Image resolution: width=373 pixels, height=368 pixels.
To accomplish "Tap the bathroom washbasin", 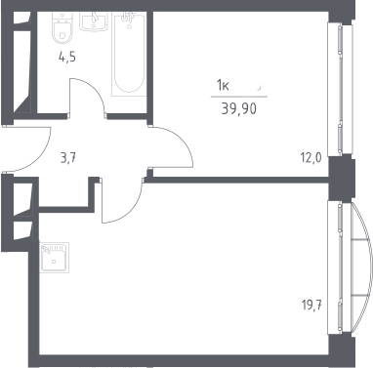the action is [93, 21].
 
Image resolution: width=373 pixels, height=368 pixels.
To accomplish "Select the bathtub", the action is [129, 54].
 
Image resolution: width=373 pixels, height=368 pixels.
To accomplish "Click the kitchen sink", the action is [55, 258].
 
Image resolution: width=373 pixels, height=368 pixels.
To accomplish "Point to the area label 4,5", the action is [67, 58].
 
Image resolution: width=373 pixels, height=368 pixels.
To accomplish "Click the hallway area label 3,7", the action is [68, 159].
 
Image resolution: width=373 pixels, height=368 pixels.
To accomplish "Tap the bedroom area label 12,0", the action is [311, 158].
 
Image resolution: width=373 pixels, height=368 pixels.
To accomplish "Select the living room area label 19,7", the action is [311, 306].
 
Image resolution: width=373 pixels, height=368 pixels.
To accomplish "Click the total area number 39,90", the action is [239, 109].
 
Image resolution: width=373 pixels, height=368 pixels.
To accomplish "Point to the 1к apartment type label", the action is [224, 86].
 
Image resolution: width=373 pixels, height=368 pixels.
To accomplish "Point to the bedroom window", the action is [340, 90].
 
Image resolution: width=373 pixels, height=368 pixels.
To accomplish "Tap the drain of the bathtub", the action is [129, 26].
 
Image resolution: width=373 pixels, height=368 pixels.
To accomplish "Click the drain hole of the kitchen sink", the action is [54, 262].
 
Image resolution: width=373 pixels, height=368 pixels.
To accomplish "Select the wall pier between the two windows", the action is [341, 178].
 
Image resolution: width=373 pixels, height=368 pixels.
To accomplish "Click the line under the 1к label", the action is [239, 97].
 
